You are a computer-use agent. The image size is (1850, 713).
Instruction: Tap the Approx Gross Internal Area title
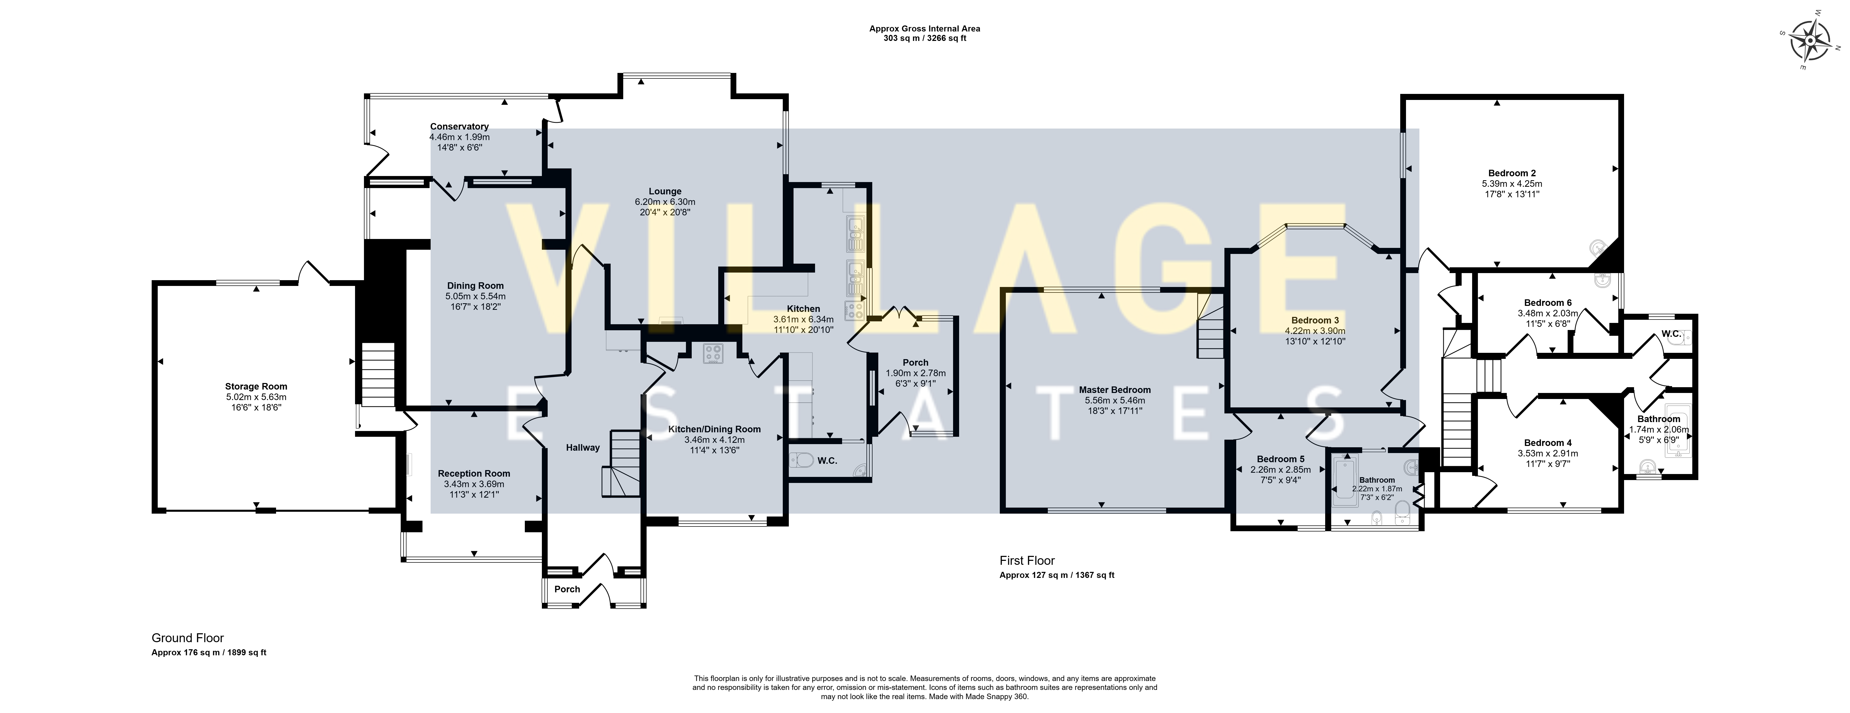click(924, 29)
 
